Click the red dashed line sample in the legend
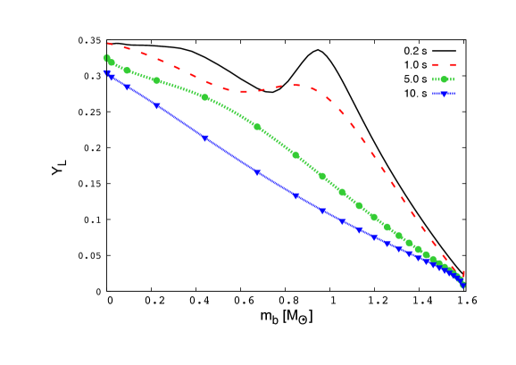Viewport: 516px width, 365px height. coord(444,65)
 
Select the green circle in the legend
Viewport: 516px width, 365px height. coord(444,79)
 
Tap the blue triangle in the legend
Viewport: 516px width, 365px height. coord(444,94)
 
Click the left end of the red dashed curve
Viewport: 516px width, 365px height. coord(106,43)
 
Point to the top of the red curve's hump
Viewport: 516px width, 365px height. coord(298,85)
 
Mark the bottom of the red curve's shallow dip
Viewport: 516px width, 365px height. coord(243,91)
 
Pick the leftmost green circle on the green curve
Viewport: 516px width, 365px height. coord(106,59)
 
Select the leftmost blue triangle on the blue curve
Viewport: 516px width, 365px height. coord(106,72)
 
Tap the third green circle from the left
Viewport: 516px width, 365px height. coord(157,80)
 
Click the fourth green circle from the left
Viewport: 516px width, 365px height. coord(205,97)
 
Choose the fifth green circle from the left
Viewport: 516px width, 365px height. coord(257,127)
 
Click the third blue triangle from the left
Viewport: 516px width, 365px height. coord(157,105)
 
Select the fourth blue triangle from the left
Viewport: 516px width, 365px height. coord(205,139)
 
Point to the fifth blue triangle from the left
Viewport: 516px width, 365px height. coord(257,172)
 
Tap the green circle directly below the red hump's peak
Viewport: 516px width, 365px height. coord(296,155)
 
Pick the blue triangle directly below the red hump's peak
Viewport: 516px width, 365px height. coord(296,195)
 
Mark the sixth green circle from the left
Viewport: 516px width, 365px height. coord(296,155)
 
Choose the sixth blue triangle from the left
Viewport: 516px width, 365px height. coord(296,195)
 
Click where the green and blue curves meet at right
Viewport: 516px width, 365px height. coord(462,285)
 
